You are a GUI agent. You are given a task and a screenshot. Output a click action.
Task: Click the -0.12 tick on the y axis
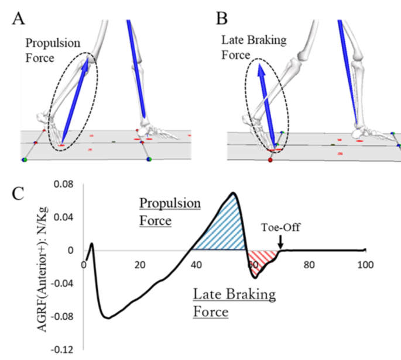pos(62,350)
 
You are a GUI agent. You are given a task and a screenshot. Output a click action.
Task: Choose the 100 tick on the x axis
pos(366,264)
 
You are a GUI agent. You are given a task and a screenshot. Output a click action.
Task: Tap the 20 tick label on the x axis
pos(139,264)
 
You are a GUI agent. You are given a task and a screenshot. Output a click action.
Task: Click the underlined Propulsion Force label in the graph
pos(169,211)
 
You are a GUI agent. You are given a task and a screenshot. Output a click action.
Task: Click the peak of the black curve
pos(233,192)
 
